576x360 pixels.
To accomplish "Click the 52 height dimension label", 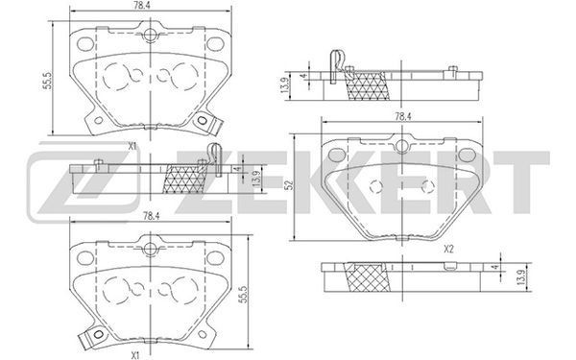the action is click(x=291, y=185).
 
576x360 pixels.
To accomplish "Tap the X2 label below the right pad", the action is click(x=448, y=249).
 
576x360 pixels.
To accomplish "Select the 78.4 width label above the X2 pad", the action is click(x=402, y=117).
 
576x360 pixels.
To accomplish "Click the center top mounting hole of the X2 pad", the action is click(x=402, y=146).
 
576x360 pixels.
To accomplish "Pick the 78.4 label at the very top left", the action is click(x=149, y=6).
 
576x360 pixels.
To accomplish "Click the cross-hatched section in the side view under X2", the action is click(x=367, y=277).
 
